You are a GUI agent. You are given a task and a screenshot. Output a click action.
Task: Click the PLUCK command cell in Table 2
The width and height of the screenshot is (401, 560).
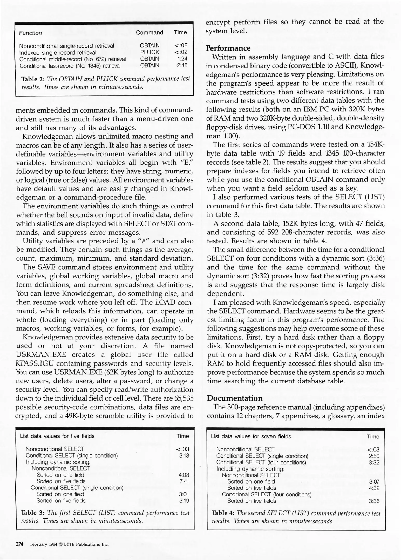(149, 52)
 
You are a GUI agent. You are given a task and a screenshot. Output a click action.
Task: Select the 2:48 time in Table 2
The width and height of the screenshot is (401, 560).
(182, 65)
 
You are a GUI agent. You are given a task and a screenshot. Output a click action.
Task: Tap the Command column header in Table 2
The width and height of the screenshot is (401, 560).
(149, 32)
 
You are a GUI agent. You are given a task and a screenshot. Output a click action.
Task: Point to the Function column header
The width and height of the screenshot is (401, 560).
(30, 33)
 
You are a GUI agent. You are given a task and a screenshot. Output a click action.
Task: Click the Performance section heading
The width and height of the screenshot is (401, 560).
(228, 48)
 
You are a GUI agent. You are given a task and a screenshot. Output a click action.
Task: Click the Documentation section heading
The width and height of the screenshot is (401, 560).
(234, 398)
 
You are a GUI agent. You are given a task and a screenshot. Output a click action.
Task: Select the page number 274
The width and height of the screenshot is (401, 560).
(20, 544)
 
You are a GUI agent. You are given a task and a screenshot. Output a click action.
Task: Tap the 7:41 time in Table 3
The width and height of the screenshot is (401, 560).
(184, 481)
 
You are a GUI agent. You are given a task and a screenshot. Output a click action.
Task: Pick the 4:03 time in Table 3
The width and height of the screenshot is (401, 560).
(184, 475)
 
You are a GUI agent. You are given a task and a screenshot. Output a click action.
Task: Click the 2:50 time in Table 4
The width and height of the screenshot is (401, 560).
(374, 456)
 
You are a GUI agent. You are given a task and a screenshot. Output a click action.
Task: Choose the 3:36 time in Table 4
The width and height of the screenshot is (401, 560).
(374, 501)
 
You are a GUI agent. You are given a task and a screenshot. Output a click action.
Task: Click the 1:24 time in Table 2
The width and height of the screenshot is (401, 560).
(182, 59)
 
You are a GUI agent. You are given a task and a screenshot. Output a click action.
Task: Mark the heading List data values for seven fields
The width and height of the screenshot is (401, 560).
(251, 436)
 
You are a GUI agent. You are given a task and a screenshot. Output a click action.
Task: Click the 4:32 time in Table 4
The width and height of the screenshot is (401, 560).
(374, 488)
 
